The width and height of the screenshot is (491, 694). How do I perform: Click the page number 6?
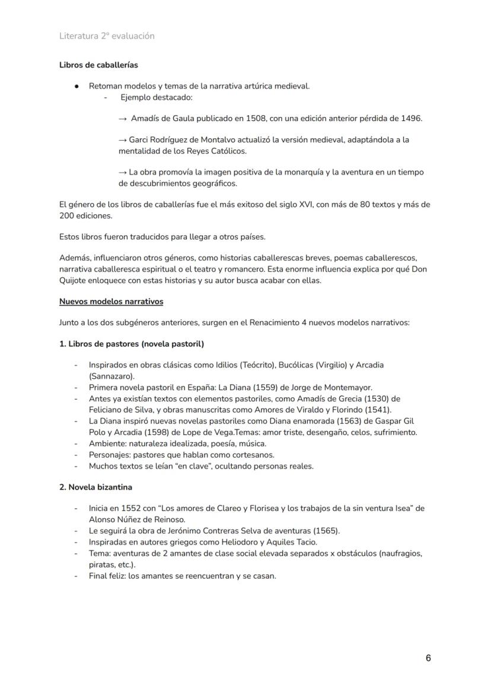point(428,658)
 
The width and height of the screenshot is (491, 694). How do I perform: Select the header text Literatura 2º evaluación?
point(107,36)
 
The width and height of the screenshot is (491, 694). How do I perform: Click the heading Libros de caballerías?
point(98,65)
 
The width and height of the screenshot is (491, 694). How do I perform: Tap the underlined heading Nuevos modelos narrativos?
point(111,301)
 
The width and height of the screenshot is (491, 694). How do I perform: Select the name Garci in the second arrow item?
point(139,140)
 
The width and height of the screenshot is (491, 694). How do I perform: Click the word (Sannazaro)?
point(111,376)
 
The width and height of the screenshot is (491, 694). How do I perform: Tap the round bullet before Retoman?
point(77,86)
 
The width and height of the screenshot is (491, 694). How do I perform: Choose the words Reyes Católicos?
point(221,151)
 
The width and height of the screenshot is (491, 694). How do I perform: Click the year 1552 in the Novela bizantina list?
point(130,508)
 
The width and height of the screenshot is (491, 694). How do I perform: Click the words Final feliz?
point(107,575)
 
